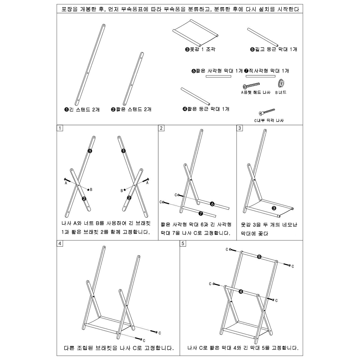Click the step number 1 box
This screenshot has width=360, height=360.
tap(60, 128)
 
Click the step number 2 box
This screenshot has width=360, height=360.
tap(161, 128)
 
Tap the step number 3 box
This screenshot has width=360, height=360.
tap(240, 128)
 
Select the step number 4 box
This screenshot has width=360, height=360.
tap(60, 243)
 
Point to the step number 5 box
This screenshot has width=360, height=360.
tap(183, 243)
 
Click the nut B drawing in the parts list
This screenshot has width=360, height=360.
tap(281, 83)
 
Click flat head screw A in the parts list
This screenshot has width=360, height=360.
tap(251, 86)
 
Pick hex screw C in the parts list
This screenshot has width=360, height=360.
tap(267, 112)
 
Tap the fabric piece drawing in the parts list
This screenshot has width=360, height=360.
tap(196, 33)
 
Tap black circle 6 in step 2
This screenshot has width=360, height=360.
tap(212, 204)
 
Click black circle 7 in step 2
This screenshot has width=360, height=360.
tap(201, 213)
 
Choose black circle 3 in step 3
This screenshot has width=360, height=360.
tap(274, 208)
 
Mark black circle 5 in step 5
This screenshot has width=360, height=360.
tap(259, 257)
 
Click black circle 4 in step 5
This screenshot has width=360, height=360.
tap(241, 291)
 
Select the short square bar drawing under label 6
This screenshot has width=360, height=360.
tap(218, 76)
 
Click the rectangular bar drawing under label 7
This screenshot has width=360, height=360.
tap(260, 76)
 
